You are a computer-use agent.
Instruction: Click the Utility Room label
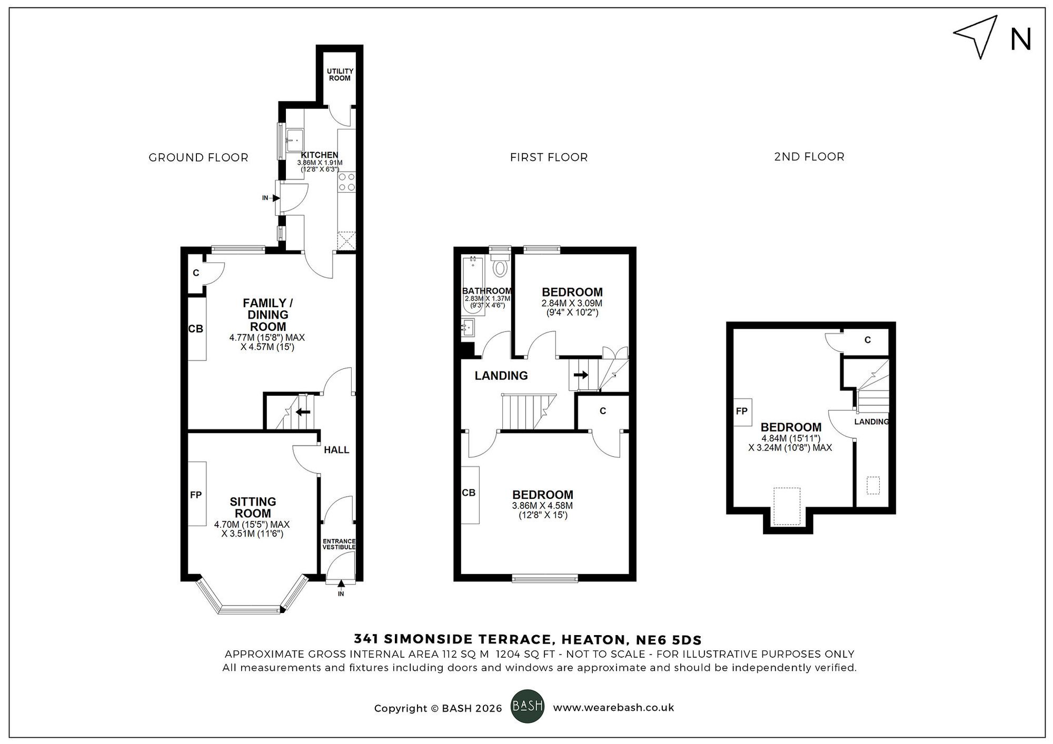340,75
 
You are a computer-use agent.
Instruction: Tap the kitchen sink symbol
294,137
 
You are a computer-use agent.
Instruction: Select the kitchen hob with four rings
346,182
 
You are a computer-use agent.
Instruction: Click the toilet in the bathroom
500,267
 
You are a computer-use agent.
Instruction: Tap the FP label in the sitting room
196,495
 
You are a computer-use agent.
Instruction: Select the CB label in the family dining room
195,329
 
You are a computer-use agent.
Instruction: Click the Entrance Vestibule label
339,544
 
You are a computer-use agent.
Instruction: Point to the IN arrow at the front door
341,584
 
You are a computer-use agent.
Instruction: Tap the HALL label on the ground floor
336,450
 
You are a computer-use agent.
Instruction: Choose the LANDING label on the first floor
501,376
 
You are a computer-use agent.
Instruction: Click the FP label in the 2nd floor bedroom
741,411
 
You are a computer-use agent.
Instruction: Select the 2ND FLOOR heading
809,157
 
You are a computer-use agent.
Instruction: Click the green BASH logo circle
527,706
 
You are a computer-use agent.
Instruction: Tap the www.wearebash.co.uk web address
613,708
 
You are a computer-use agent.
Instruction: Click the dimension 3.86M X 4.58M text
542,506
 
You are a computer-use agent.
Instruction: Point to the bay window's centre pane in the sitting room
250,610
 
